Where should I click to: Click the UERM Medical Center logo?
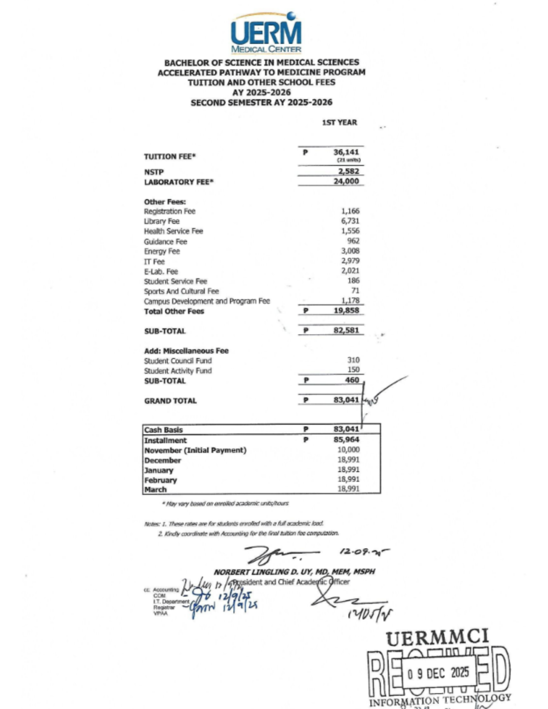click(266, 33)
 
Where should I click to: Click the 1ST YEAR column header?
click(339, 122)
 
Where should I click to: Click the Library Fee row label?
click(161, 221)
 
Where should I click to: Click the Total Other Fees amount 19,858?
click(346, 311)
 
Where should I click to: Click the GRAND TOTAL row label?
click(170, 401)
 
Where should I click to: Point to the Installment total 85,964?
click(346, 440)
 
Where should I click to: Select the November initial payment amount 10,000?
click(348, 450)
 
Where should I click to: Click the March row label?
click(155, 490)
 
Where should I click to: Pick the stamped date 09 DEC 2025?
click(438, 672)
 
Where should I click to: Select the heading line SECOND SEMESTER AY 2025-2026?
click(261, 103)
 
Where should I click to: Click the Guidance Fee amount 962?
click(353, 241)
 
